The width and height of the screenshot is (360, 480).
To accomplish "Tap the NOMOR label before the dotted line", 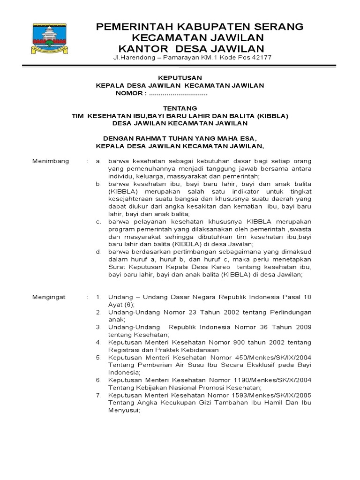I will point(129,94).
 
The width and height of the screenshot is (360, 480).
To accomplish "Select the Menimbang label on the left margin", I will point(50,161).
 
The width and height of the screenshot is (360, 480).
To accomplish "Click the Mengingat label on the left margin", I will point(49,297).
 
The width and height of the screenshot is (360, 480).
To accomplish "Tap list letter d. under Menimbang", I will point(99,252).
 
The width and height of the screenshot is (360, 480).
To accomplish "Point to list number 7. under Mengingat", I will point(99,396).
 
